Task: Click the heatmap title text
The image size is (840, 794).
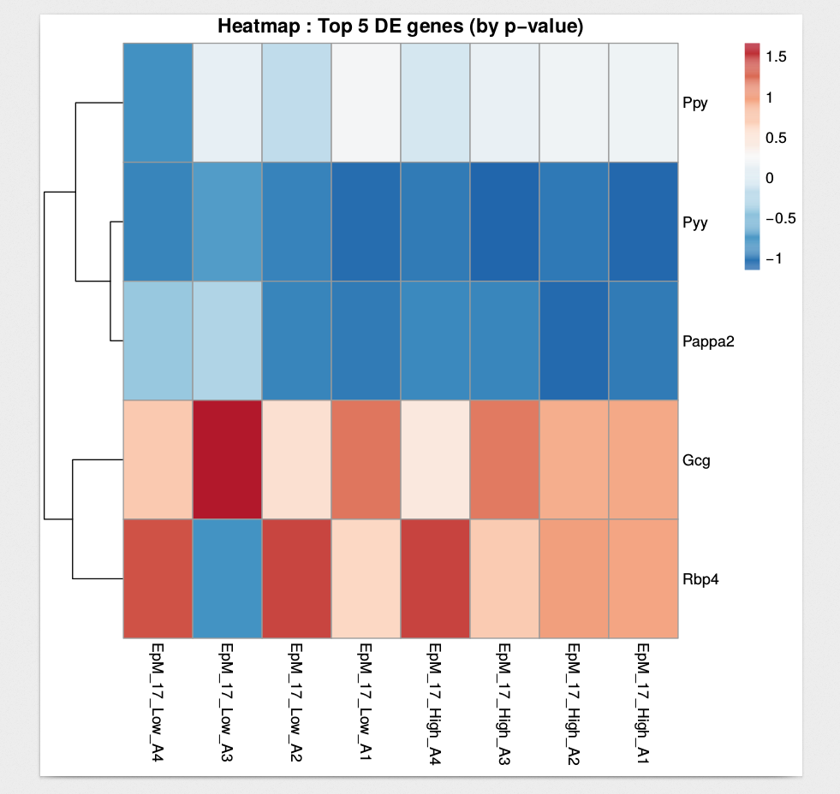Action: (400, 27)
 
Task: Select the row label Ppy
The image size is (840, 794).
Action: (694, 104)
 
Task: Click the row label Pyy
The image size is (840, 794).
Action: (694, 222)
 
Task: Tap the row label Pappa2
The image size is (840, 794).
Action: (708, 341)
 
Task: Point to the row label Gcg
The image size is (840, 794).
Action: (695, 460)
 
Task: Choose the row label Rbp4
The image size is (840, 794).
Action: (699, 579)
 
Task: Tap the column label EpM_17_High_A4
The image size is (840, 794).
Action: (434, 697)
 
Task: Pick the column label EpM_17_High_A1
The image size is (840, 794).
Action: (642, 697)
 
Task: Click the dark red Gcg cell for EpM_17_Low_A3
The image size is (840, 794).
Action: (226, 459)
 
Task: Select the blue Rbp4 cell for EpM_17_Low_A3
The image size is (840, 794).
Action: (226, 578)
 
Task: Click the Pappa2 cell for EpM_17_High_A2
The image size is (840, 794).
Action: (573, 341)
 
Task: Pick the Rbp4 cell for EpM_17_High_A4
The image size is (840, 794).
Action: (434, 578)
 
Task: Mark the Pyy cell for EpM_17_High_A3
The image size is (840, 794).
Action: (503, 222)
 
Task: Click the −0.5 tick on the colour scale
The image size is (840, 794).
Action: (780, 218)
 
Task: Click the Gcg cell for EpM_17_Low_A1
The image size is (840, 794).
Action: (365, 459)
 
